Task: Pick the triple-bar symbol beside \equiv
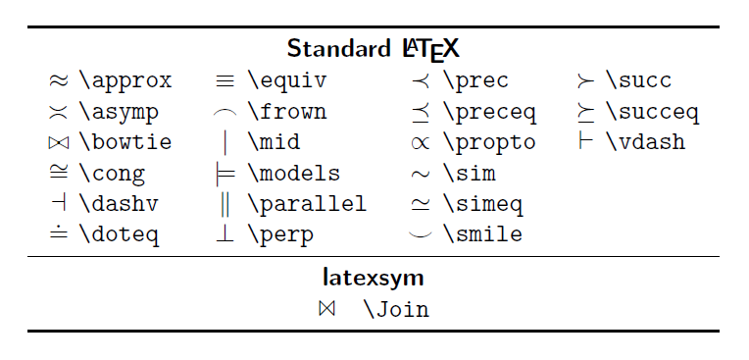click(x=225, y=80)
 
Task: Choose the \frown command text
click(x=286, y=112)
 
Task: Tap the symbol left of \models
click(x=225, y=174)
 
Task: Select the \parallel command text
click(x=307, y=204)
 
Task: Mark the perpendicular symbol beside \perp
click(x=225, y=234)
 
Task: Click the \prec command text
click(x=475, y=80)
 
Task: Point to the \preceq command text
click(x=489, y=112)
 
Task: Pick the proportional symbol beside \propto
click(x=420, y=143)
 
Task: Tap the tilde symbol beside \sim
click(x=420, y=175)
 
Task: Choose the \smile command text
click(x=482, y=235)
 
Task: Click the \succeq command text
click(x=652, y=112)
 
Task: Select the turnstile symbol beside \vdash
click(x=585, y=142)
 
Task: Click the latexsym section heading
click(x=374, y=277)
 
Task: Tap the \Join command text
click(x=396, y=310)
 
